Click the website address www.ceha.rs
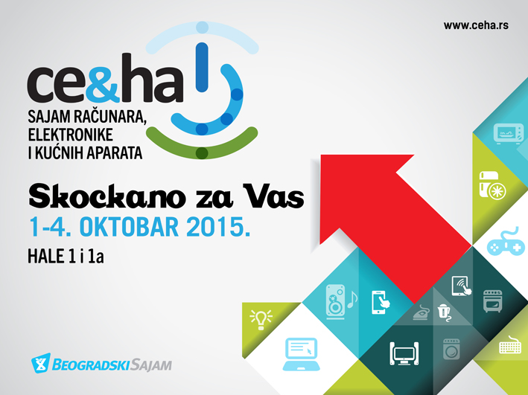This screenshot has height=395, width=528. point(476,25)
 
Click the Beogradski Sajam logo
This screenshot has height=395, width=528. point(100,365)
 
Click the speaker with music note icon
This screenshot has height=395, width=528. point(340,300)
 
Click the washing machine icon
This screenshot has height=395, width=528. point(451,349)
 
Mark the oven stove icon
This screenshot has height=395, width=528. point(492,301)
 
